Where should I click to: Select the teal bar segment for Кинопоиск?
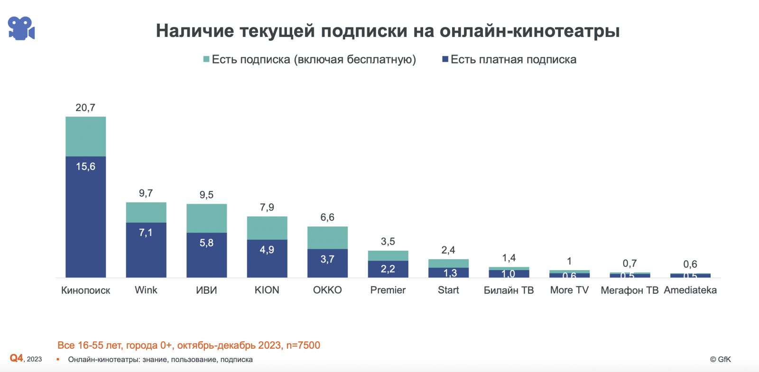85,136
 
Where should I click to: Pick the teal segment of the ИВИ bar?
206,218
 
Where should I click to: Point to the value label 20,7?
85,108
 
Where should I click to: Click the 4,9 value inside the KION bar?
267,250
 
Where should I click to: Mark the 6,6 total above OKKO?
327,217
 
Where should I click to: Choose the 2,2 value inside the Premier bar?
388,269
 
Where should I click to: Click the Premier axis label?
388,290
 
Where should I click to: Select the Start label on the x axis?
448,290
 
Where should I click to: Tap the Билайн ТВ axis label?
509,290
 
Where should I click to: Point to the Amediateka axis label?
690,290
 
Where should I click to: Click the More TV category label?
569,290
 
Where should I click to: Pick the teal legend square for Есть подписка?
206,59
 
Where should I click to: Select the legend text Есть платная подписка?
513,59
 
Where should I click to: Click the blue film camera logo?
21,28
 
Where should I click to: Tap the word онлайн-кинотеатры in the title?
529,31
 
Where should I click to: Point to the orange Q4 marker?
17,358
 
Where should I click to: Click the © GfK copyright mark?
720,359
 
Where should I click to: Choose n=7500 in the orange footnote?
303,345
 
